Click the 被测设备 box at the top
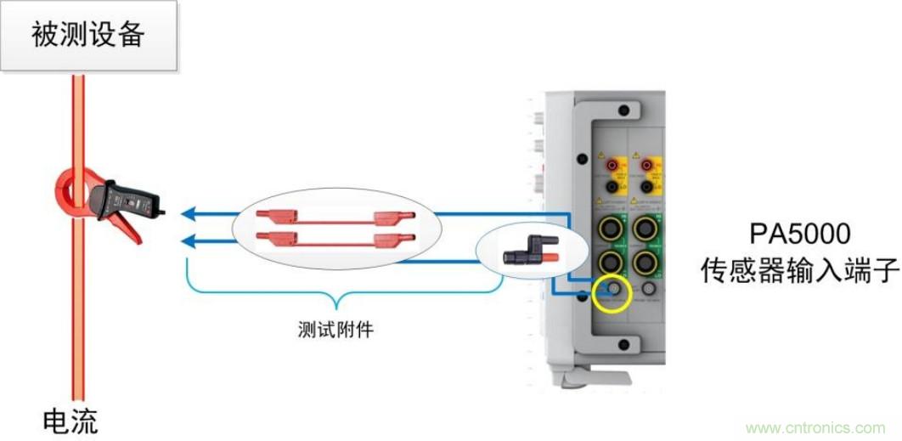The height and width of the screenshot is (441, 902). pos(88,35)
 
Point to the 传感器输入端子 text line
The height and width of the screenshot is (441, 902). pos(798,270)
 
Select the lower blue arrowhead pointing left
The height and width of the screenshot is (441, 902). pos(190,241)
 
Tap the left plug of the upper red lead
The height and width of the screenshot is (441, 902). pos(276,218)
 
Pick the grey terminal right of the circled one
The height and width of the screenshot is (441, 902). pos(651,291)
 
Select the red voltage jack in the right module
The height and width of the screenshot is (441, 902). pos(651,161)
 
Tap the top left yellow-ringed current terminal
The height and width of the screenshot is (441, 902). pos(611,227)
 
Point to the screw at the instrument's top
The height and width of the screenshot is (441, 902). pos(624,110)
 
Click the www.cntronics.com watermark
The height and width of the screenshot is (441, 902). pos(814,427)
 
